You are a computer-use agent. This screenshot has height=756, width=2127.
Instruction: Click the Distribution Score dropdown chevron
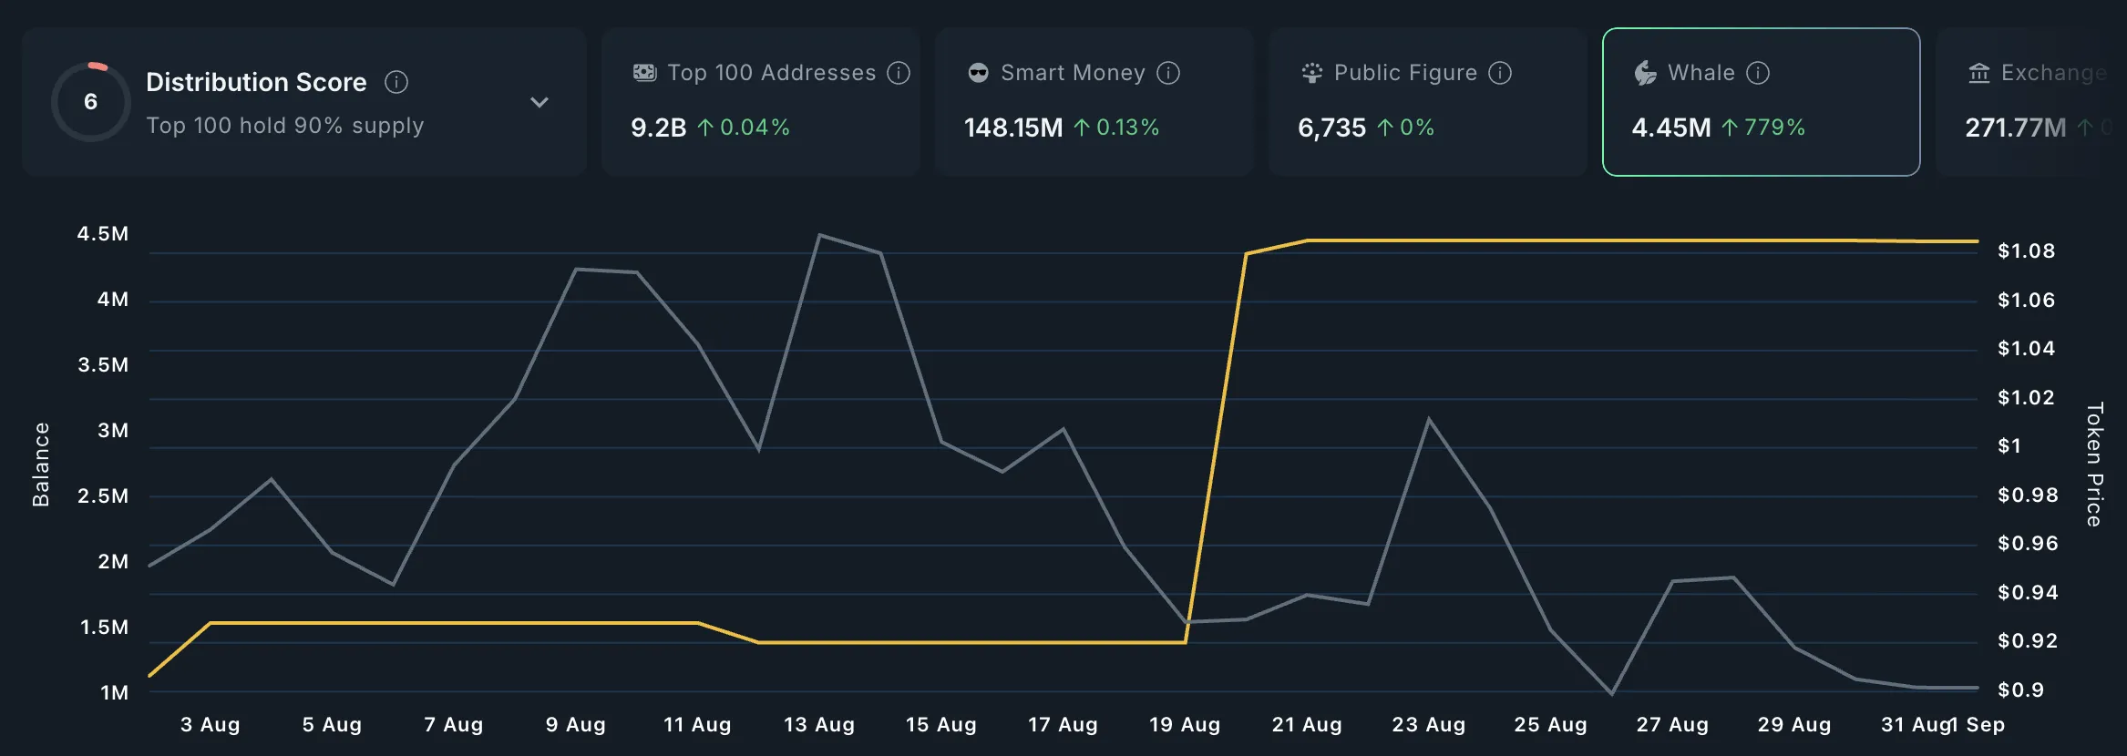(539, 102)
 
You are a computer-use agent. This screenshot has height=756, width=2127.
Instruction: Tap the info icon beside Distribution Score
(396, 82)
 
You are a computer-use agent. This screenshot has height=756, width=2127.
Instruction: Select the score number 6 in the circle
(90, 102)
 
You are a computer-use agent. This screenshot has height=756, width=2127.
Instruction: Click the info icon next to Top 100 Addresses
(899, 73)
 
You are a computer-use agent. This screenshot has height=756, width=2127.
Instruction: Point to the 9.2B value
(658, 128)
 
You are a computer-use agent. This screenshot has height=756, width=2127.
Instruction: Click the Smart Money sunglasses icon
(978, 73)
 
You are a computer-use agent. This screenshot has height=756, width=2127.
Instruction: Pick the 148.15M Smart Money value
(1013, 128)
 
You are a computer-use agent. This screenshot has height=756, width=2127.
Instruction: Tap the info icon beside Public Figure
(1500, 73)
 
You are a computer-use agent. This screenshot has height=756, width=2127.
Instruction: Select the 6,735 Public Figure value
(1331, 128)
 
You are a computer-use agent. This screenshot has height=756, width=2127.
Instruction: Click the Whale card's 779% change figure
(1773, 128)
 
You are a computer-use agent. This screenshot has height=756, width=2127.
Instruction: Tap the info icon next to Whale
(1758, 73)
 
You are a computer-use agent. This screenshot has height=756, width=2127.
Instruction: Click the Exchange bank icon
(1978, 73)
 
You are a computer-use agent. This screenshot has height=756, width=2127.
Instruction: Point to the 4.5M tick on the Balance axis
(103, 234)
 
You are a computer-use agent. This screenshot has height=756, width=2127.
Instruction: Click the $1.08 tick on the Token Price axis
(2026, 251)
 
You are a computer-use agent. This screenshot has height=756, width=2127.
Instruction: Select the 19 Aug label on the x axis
(1184, 725)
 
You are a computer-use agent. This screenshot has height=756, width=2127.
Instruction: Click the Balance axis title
(41, 464)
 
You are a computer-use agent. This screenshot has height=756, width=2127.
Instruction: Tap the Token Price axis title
(2095, 464)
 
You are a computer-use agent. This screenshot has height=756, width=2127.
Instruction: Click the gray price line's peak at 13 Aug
(820, 235)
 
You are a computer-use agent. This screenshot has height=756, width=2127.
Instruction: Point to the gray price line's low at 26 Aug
(1611, 694)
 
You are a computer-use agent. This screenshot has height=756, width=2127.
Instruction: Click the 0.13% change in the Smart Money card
(1127, 128)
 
